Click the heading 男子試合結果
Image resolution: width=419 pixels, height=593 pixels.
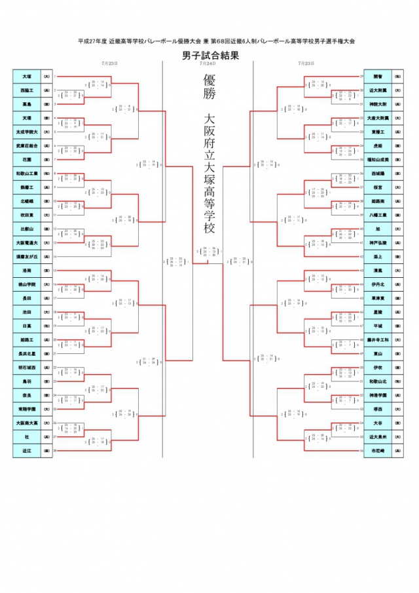click(209, 56)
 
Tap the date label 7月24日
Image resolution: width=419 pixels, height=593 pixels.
click(209, 64)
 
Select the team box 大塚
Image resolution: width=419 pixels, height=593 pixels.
click(27, 76)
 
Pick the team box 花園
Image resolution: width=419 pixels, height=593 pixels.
click(27, 159)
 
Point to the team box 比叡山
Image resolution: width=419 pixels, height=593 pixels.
click(27, 229)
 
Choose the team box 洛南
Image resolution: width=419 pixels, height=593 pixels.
click(27, 271)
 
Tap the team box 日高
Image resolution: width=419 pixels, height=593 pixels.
click(27, 326)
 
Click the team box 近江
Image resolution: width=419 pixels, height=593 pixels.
click(27, 451)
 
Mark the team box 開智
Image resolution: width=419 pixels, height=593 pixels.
click(377, 76)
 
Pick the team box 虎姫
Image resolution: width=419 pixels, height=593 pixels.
click(377, 145)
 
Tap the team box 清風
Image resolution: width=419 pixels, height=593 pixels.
click(377, 271)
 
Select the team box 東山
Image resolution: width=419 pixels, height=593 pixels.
click(377, 353)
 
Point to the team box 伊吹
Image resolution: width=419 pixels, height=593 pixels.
click(377, 368)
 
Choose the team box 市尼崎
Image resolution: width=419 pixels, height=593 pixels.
click(377, 451)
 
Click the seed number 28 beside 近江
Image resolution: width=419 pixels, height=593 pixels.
click(56, 451)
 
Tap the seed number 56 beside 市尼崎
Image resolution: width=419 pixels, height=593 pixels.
click(361, 451)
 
